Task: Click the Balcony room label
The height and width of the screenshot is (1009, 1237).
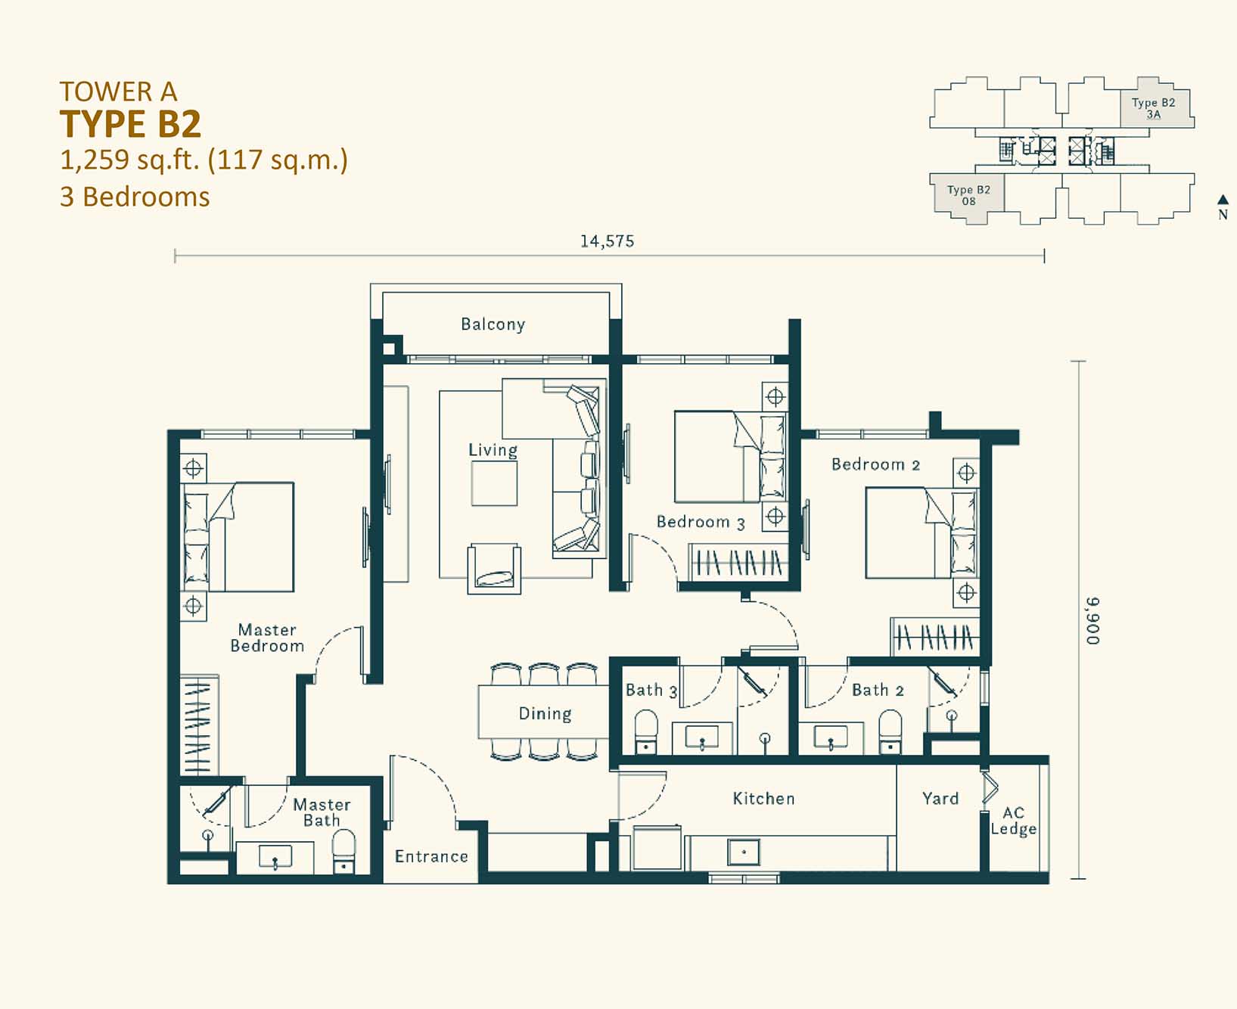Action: click(x=493, y=324)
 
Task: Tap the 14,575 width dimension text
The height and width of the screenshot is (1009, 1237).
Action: click(x=607, y=241)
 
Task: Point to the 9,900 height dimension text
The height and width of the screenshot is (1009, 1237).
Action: click(x=1092, y=621)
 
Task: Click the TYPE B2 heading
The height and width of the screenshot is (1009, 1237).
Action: click(x=130, y=124)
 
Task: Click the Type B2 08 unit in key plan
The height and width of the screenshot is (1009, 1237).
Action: click(x=968, y=195)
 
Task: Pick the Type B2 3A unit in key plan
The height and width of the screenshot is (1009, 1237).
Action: click(x=1154, y=108)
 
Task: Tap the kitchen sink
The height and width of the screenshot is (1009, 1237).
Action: click(x=743, y=852)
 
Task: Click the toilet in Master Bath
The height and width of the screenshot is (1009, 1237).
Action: click(x=343, y=852)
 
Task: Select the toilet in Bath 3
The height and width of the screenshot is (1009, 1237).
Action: click(x=645, y=731)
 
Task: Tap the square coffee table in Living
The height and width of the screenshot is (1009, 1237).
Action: click(x=494, y=483)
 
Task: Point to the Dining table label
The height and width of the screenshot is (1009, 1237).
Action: click(x=545, y=714)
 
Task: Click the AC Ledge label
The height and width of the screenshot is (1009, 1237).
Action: click(x=1014, y=821)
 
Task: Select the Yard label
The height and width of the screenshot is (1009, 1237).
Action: click(x=940, y=799)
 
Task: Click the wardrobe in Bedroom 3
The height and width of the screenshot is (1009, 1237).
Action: click(x=738, y=563)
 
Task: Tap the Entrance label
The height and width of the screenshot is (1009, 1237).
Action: click(x=431, y=856)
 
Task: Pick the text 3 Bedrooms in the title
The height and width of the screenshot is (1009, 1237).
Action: click(x=135, y=197)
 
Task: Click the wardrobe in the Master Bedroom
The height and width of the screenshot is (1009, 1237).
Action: click(x=199, y=725)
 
